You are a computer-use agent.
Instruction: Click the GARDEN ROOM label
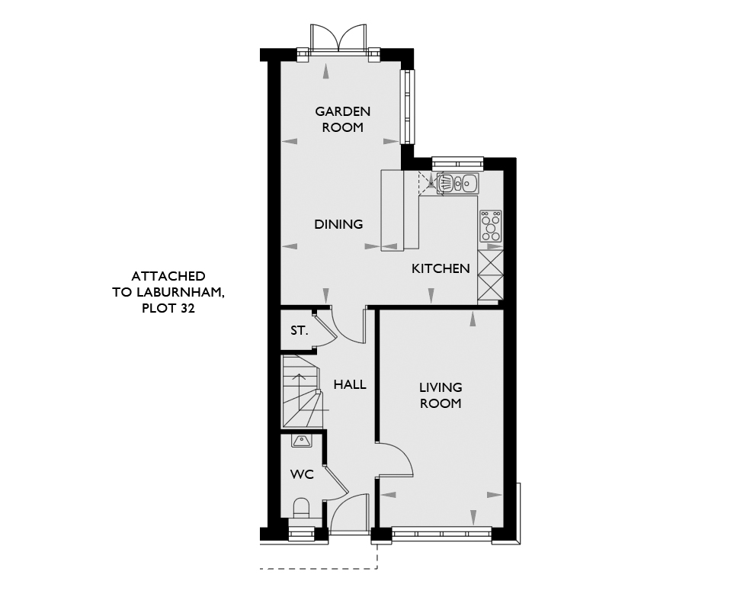pos(342,120)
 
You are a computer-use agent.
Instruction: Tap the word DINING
pos(338,224)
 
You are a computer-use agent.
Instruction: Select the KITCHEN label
pos(441,268)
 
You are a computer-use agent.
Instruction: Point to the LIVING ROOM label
pos(441,395)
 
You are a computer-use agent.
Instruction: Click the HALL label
pos(350,384)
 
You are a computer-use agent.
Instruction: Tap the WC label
pos(302,474)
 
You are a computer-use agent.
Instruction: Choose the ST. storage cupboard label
pos(299,330)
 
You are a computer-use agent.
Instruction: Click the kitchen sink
pos(458,183)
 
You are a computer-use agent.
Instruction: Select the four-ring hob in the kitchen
pos(491,226)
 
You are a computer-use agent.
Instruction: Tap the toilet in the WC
pos(301,508)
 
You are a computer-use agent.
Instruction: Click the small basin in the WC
pos(301,441)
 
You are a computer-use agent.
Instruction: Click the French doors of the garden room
pos(338,38)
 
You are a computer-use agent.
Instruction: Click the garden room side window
pos(407,107)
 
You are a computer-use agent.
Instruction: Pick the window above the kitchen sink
pos(457,163)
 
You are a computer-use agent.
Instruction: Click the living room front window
pos(442,533)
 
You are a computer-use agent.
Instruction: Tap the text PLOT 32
pos(168,308)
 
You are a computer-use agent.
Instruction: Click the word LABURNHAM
pos(180,293)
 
